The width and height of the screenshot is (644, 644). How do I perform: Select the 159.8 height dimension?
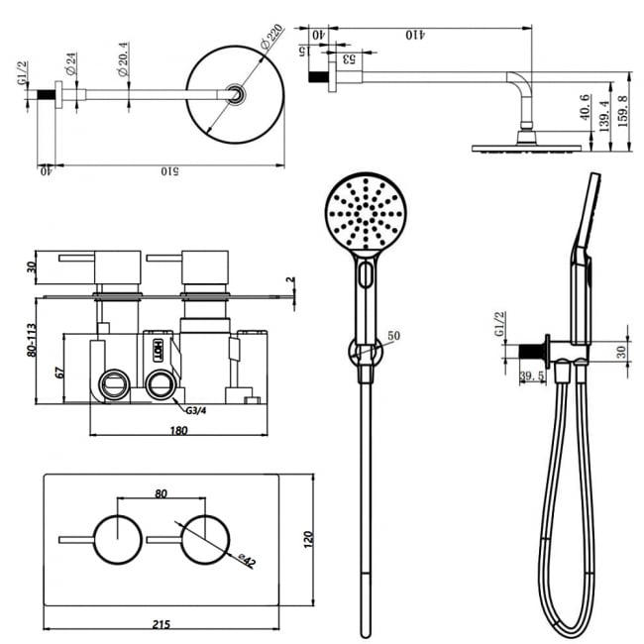click(x=624, y=113)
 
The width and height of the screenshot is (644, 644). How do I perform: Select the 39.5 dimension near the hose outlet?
click(x=533, y=375)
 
